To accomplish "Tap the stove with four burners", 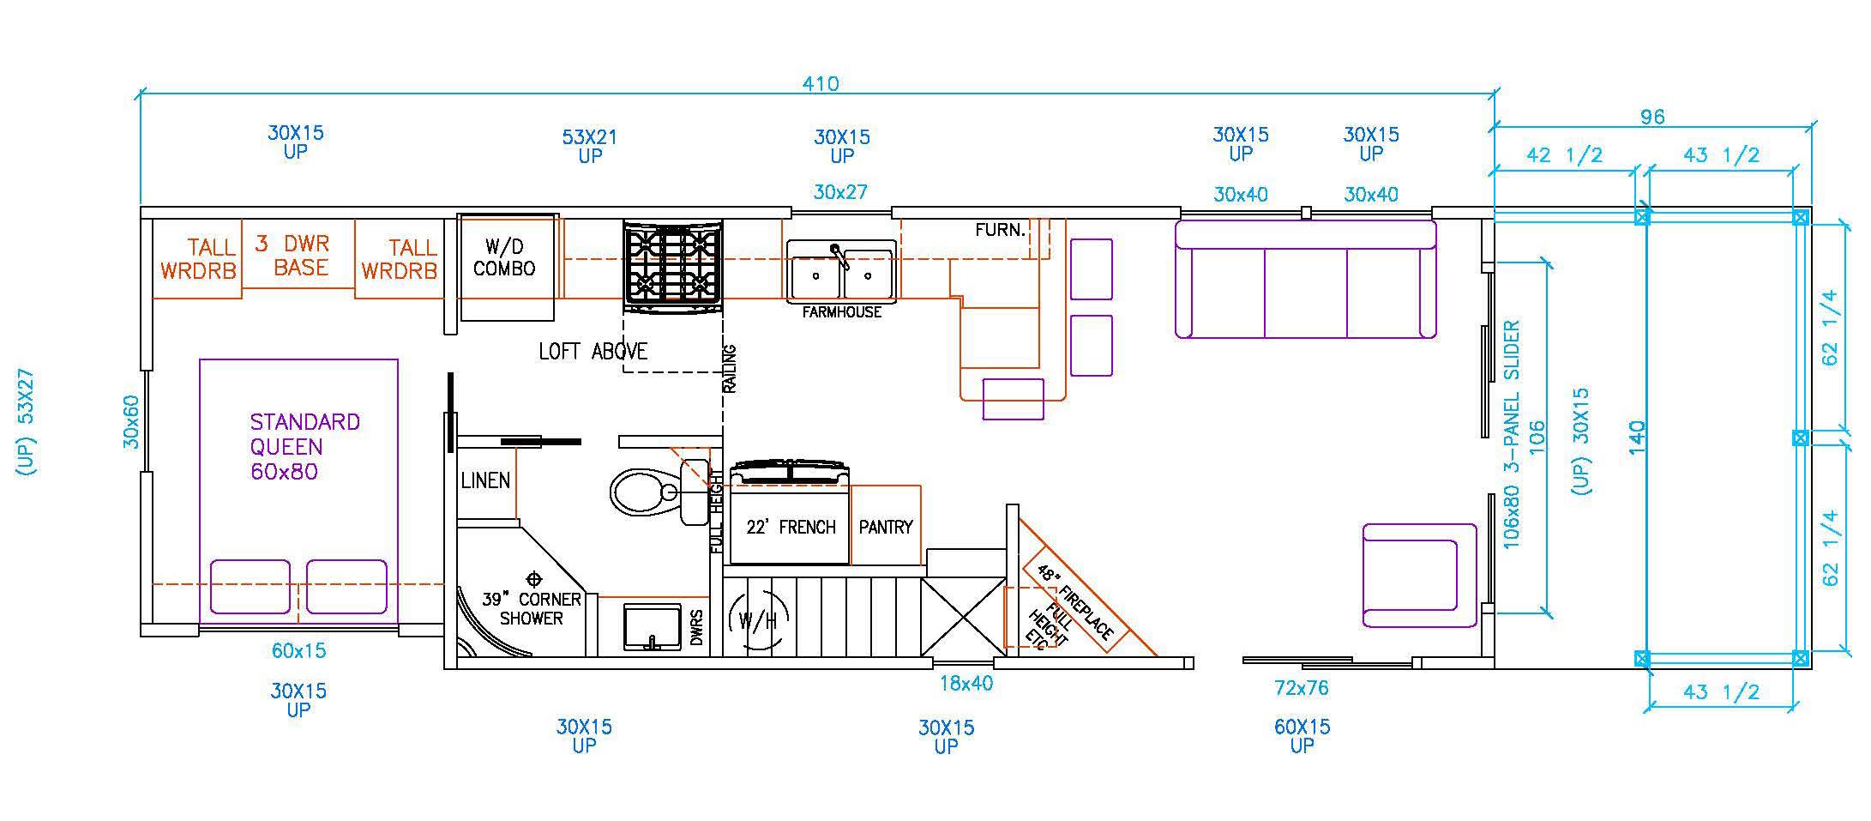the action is point(673,265).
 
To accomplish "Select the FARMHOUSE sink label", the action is point(841,312).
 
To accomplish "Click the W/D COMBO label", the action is point(504,257).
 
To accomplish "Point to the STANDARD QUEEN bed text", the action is point(304,434).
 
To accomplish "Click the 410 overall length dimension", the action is point(821,84).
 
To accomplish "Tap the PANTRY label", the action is point(886,527).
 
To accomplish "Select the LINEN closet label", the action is point(485,480).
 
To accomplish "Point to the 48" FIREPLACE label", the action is point(1075,602).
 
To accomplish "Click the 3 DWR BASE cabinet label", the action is point(292,256).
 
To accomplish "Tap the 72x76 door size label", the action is point(1302,688).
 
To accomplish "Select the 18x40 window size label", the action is point(966,684).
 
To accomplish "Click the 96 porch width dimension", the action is point(1651,117).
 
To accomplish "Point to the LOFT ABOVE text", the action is point(593,351).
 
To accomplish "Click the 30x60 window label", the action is point(130,422).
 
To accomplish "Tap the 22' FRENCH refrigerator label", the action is point(791,527).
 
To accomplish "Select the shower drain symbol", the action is point(534,578).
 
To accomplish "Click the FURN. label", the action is point(1001,230).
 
